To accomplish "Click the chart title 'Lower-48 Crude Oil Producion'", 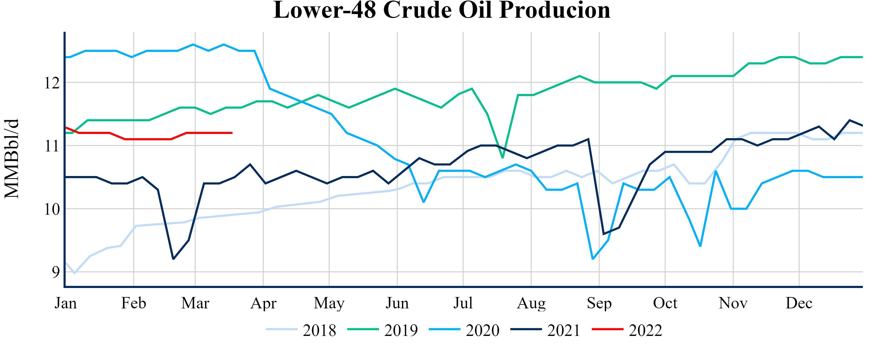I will tap(442, 10).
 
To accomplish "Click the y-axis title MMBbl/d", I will tap(12, 159).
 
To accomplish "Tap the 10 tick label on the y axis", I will tap(52, 209).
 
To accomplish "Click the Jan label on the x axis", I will tap(66, 303).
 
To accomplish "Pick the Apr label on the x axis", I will tap(263, 303).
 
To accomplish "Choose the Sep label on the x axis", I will tap(599, 303).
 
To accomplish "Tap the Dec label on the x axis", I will tap(799, 303).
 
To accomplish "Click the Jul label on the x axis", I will tap(463, 303).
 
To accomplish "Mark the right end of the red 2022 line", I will tap(232, 133).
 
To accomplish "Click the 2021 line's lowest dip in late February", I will tap(173, 259).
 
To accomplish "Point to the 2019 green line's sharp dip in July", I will tap(502, 157).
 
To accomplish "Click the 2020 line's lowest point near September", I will tap(593, 259).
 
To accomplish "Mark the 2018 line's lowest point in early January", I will tap(74, 273).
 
